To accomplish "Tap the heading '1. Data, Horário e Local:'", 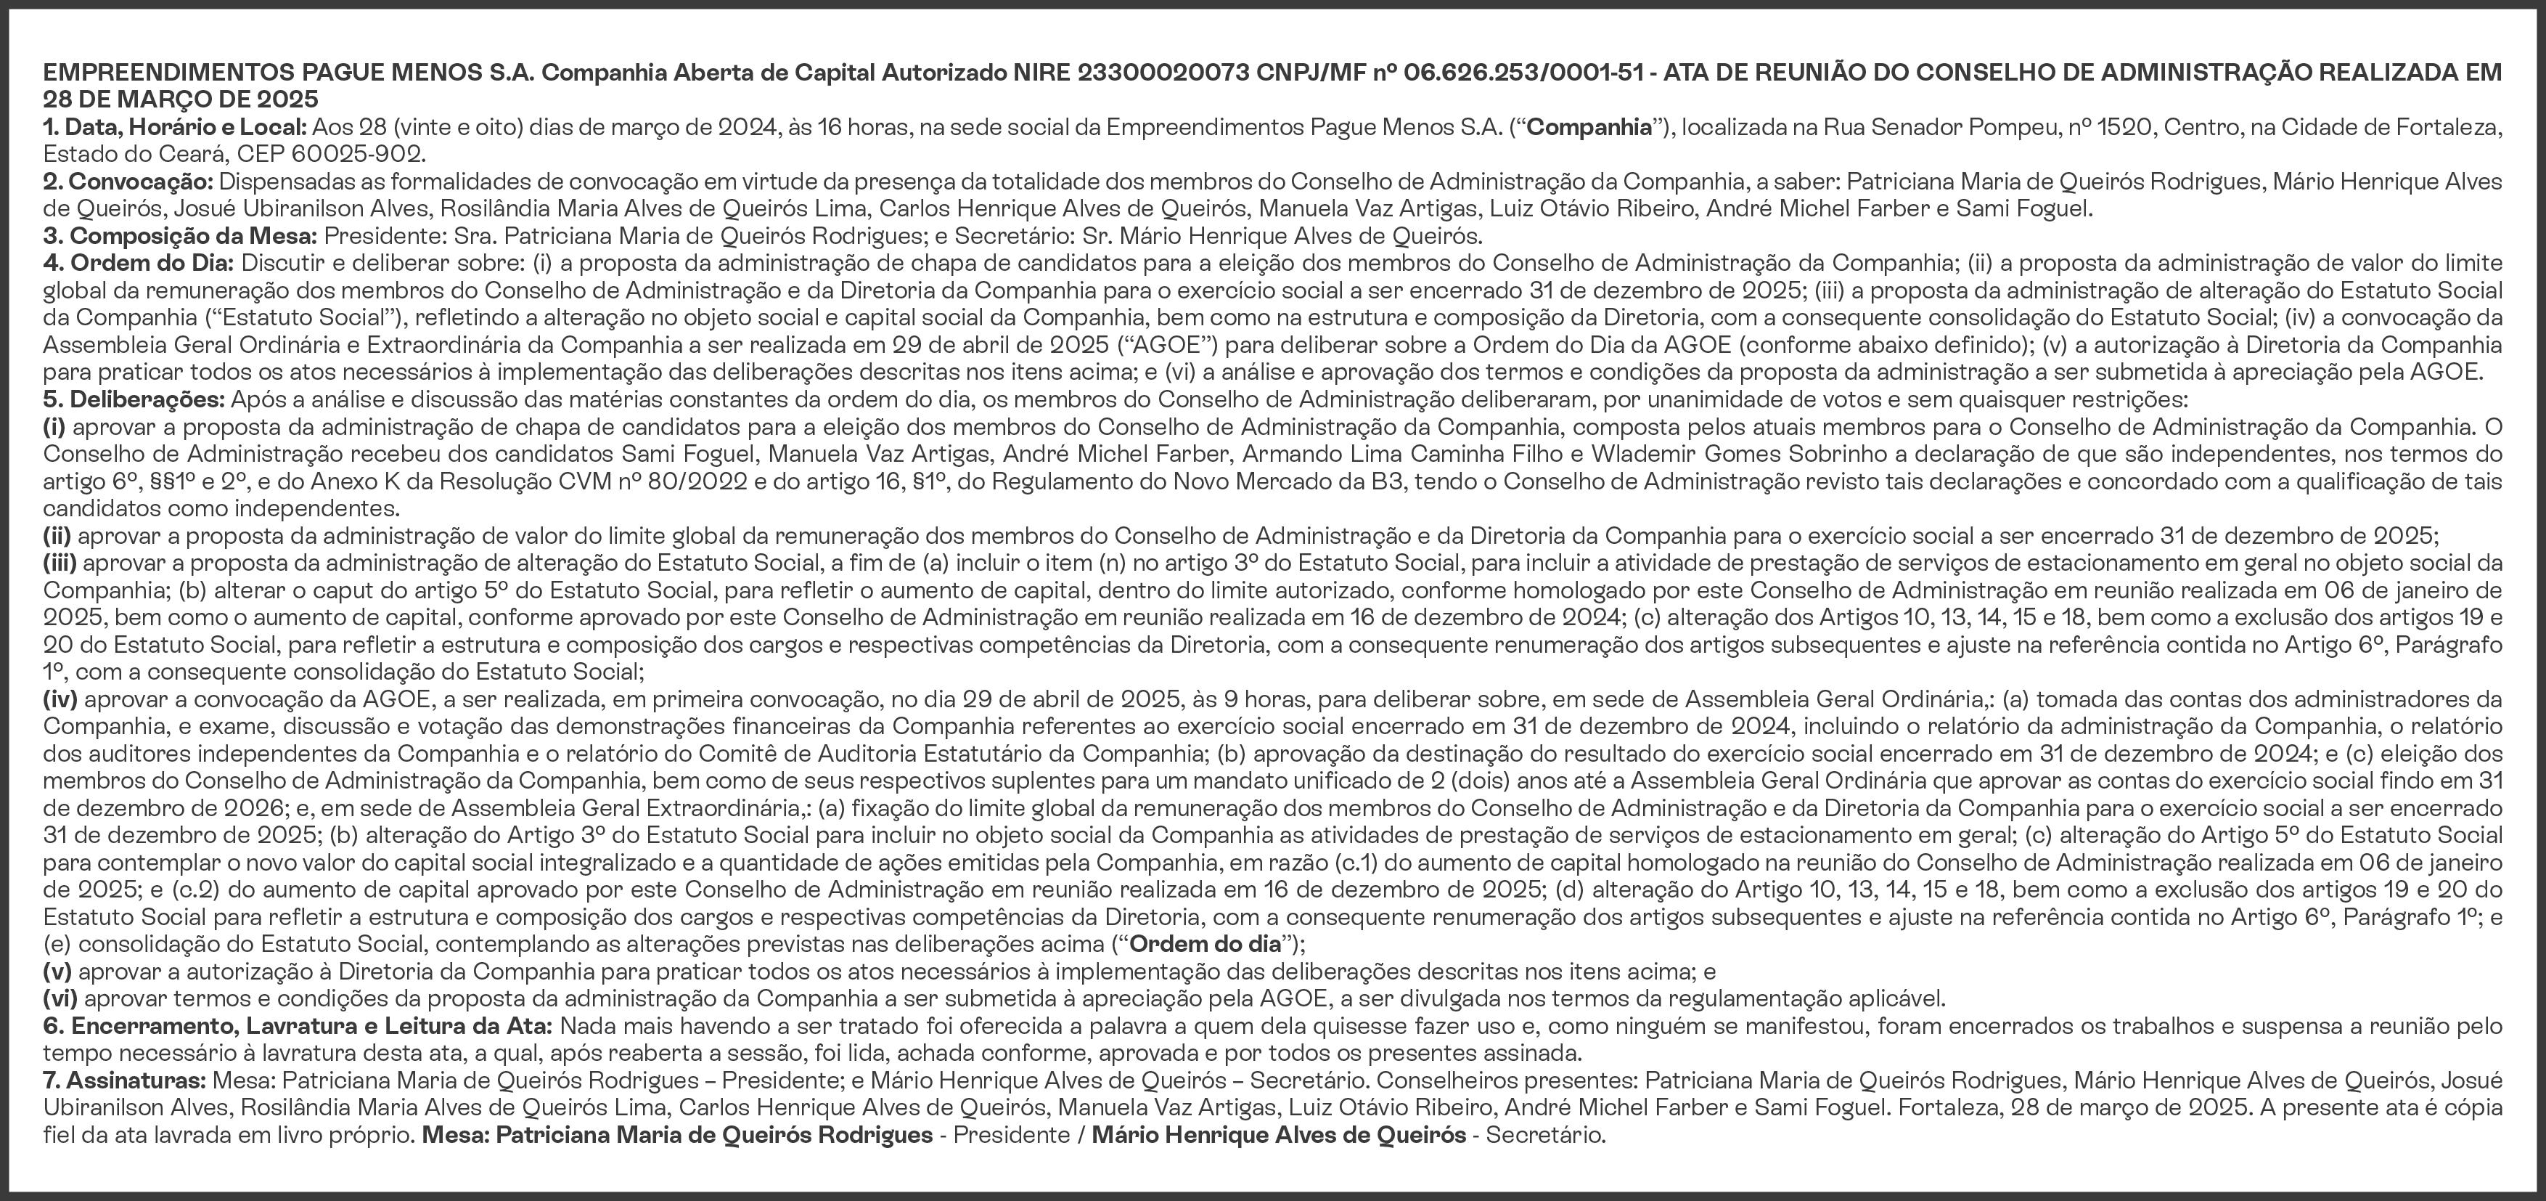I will [175, 128].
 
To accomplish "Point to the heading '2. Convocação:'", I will [128, 182].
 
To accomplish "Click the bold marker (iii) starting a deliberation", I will [60, 563].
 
